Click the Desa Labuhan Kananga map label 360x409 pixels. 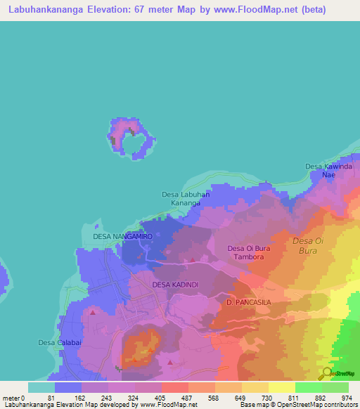coord(181,199)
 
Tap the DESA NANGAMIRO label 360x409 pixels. coord(122,238)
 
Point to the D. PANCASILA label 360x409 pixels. coord(248,302)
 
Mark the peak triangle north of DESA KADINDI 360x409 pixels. coord(193,259)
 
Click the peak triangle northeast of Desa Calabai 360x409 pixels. coord(92,311)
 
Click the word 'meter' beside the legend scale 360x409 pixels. coord(11,398)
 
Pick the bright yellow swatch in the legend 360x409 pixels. coord(281,387)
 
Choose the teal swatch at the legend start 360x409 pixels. coord(41,387)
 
